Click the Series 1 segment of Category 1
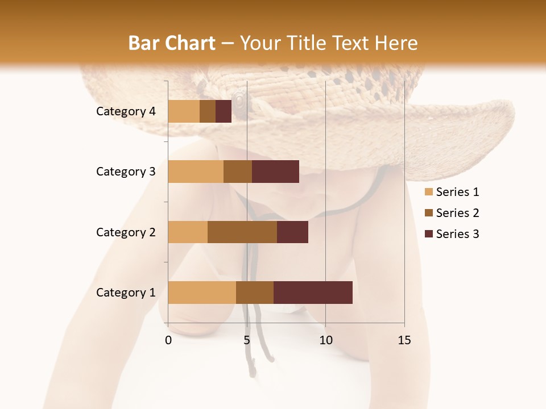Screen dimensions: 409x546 click(202, 293)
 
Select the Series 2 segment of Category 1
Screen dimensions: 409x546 click(255, 293)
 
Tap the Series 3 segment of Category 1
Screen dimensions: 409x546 click(313, 293)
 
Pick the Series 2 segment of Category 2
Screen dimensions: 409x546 click(242, 232)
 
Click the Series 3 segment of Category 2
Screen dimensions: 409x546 click(292, 232)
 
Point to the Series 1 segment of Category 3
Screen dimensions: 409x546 click(196, 172)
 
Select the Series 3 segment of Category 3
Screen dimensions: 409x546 click(275, 172)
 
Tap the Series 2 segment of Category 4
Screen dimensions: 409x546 click(208, 111)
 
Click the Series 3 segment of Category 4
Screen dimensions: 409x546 click(224, 111)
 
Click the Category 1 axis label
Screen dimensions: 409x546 click(126, 293)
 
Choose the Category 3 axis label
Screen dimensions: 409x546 click(126, 172)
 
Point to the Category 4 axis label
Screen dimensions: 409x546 click(126, 111)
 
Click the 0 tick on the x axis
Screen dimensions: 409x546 click(168, 340)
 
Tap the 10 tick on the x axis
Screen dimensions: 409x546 click(325, 340)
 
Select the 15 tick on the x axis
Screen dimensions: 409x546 click(404, 340)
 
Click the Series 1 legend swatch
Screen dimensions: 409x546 click(429, 192)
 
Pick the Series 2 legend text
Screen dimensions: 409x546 click(457, 213)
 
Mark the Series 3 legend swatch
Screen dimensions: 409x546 click(429, 234)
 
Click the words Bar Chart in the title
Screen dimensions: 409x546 click(172, 43)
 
